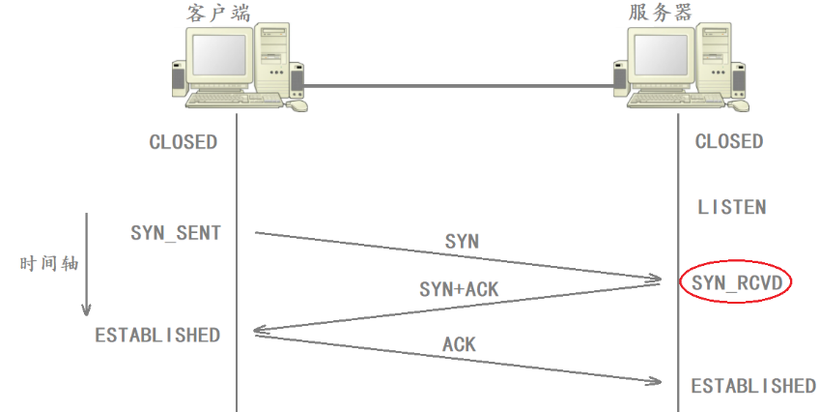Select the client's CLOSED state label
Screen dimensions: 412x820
point(183,142)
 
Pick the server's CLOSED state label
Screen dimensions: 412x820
point(729,142)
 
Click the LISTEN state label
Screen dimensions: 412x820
point(731,207)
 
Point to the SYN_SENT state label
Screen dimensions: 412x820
point(176,233)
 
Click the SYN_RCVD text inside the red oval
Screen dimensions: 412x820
point(735,282)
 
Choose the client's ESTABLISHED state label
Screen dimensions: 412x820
point(157,336)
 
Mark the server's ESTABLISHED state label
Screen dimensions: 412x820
point(753,386)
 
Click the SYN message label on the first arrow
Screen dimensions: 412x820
point(462,242)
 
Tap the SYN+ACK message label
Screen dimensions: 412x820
point(459,289)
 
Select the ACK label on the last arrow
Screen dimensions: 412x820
point(459,344)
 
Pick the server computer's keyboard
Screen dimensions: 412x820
point(676,99)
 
